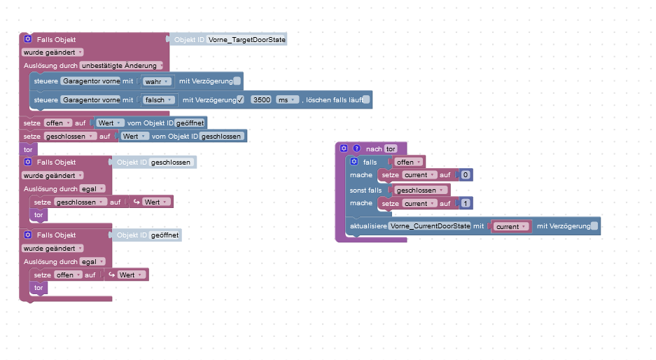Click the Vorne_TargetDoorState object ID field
247,40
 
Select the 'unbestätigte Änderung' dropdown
123,65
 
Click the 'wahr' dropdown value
158,81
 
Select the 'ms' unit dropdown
287,100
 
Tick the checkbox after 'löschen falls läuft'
366,100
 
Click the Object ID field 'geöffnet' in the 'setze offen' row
190,123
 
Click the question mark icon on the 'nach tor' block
356,148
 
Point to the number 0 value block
465,174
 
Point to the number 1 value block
465,204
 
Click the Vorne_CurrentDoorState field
430,226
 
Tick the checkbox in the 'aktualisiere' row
594,226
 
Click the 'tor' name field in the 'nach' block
391,148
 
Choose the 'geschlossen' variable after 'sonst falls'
421,190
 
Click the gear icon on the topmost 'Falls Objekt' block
28,40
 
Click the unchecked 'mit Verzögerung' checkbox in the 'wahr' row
237,81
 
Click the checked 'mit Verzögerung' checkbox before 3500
240,100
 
